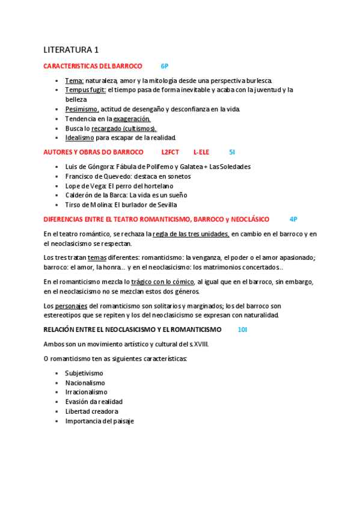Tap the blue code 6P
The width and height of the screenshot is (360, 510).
pyautogui.click(x=165, y=66)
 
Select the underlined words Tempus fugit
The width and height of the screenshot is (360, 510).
pyautogui.click(x=85, y=90)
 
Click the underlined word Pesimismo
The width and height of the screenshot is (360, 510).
pyautogui.click(x=82, y=109)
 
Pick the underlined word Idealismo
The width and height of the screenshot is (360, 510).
pyautogui.click(x=79, y=138)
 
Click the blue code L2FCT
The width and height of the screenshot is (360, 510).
pyautogui.click(x=170, y=152)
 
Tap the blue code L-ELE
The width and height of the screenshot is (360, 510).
pyautogui.click(x=201, y=152)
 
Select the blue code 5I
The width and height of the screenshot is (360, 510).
pyautogui.click(x=232, y=152)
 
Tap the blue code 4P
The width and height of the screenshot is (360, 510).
pyautogui.click(x=293, y=220)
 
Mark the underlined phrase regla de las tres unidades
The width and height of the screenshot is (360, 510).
pyautogui.click(x=191, y=233)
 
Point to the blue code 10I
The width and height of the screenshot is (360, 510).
pyautogui.click(x=242, y=330)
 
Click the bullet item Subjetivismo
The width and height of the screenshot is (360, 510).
pyautogui.click(x=84, y=373)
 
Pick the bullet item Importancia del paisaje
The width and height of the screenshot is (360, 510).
pyautogui.click(x=99, y=421)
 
